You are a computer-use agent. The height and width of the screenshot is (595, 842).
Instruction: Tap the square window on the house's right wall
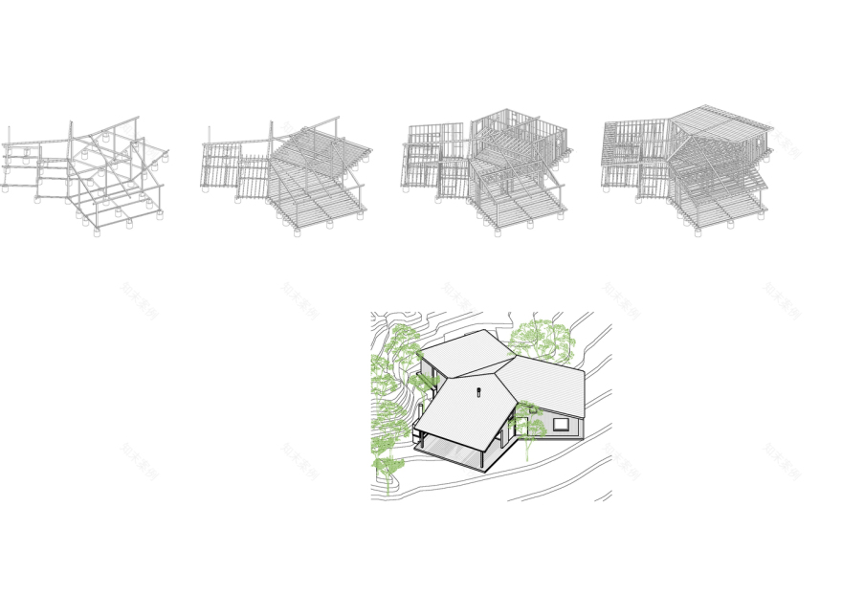coord(562,424)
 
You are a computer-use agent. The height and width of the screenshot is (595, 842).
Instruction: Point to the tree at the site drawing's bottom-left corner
coord(387,469)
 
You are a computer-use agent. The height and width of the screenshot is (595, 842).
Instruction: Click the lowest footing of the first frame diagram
coord(97,232)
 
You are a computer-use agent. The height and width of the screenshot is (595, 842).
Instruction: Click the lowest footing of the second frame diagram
coord(297,232)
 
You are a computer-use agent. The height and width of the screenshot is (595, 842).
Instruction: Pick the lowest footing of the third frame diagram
coord(498,232)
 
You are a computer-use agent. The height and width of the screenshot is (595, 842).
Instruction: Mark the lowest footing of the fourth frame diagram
coord(698,232)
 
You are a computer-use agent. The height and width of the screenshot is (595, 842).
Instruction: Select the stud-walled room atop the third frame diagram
coord(518,130)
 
